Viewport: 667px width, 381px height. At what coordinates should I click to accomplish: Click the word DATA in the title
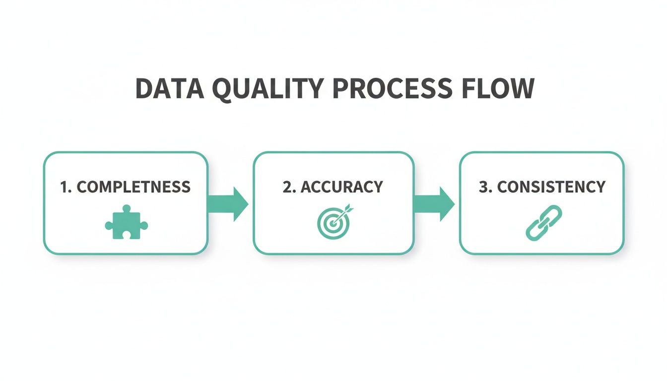click(x=169, y=89)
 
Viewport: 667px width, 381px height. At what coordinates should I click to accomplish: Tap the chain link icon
click(x=543, y=223)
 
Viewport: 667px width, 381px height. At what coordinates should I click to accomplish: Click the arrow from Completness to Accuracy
click(x=228, y=204)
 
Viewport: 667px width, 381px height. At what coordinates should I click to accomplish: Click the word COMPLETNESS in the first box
click(x=133, y=187)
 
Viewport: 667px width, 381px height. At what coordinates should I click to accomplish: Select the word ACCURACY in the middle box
click(x=342, y=187)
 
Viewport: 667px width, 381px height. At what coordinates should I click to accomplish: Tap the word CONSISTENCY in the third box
click(x=551, y=187)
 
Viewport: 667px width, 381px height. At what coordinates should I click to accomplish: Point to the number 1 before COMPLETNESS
click(x=64, y=187)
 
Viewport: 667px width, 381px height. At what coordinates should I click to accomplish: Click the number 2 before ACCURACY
click(x=287, y=187)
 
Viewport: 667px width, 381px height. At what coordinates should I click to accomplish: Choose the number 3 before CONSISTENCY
click(x=483, y=187)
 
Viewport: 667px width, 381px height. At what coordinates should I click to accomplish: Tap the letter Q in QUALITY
click(x=223, y=90)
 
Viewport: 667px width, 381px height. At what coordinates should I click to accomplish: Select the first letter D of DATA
click(x=144, y=89)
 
